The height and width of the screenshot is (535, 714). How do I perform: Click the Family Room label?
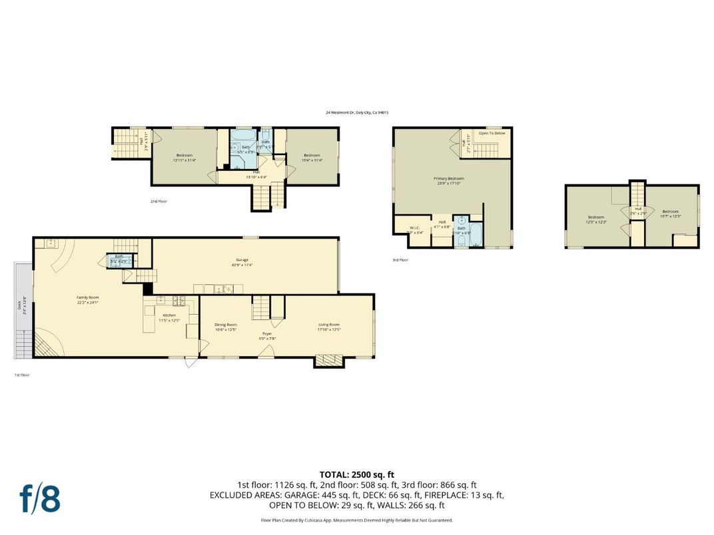pos(88,298)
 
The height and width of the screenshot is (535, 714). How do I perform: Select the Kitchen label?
pos(170,315)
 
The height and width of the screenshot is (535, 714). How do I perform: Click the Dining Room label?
pos(226,325)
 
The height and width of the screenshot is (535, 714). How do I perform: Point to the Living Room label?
pos(329,325)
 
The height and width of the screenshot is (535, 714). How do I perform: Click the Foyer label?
pos(267,333)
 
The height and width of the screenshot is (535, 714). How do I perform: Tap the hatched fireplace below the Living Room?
pos(329,360)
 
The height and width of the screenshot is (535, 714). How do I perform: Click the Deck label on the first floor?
pos(20,305)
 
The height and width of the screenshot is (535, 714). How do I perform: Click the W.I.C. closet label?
pos(414,228)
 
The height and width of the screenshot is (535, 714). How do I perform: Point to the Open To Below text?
pos(492,133)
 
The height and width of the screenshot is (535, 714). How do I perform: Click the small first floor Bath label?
pos(119,256)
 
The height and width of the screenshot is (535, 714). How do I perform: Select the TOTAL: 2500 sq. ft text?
pos(357,474)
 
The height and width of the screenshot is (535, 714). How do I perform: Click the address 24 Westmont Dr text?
pos(357,112)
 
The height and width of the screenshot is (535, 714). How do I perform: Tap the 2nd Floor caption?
pos(159,200)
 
